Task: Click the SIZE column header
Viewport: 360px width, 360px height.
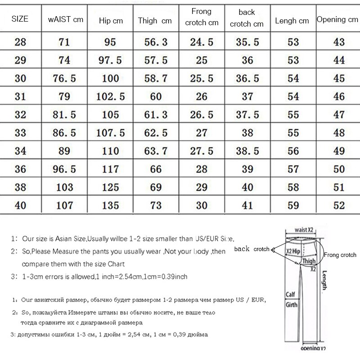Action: tap(19, 19)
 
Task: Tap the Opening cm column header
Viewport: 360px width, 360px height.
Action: tap(337, 19)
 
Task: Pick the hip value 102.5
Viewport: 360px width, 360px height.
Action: tap(110, 96)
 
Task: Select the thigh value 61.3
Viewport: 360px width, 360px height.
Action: tap(155, 114)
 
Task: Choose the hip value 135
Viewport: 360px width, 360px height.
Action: tap(110, 205)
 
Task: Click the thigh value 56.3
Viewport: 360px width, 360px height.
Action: tap(155, 42)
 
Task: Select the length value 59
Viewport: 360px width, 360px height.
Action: tap(293, 205)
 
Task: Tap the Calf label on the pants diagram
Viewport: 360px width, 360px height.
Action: tap(291, 295)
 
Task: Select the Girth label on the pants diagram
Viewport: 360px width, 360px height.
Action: tap(292, 305)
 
